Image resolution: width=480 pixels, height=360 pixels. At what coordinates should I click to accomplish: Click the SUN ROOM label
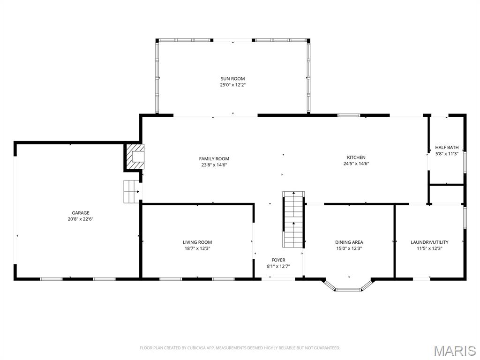[x=232, y=79]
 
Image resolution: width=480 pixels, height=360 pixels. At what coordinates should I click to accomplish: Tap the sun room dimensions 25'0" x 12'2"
[x=232, y=85]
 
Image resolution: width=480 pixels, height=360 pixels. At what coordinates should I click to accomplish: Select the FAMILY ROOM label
[x=214, y=159]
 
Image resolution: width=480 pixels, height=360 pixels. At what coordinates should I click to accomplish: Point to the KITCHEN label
[x=356, y=157]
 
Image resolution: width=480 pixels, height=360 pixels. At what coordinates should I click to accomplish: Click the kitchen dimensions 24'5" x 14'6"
[x=356, y=164]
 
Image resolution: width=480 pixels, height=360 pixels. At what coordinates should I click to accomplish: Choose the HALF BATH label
[x=447, y=147]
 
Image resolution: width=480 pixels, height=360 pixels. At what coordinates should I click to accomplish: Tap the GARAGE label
[x=80, y=213]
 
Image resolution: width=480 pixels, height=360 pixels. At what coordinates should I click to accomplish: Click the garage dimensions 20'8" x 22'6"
[x=80, y=219]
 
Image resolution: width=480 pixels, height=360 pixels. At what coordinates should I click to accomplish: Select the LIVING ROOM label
[x=197, y=242]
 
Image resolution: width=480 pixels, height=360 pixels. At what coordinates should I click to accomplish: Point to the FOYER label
[x=278, y=260]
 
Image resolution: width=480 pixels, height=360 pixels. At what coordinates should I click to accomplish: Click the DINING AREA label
[x=349, y=242]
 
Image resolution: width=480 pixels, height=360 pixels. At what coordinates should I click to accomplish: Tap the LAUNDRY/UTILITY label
[x=429, y=242]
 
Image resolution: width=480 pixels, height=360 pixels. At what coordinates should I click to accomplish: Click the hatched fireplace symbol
[x=135, y=157]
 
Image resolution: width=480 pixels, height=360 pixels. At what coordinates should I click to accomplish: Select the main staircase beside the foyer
[x=293, y=219]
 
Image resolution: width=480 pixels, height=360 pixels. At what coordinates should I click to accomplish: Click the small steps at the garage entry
[x=132, y=191]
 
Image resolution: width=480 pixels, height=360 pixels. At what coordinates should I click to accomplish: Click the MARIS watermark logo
[x=454, y=350]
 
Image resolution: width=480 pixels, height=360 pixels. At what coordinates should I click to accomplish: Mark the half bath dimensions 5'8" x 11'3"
[x=447, y=154]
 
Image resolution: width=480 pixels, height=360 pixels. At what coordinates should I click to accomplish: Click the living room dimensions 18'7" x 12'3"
[x=197, y=248]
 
